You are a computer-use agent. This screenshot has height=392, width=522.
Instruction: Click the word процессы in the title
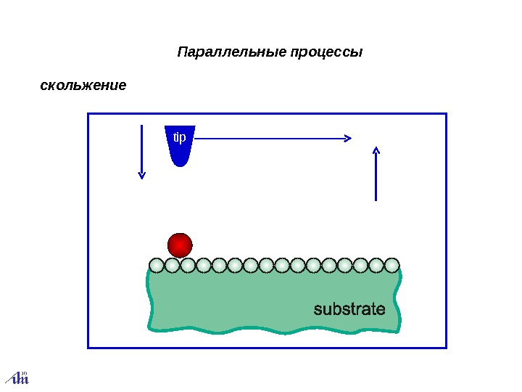click(326, 53)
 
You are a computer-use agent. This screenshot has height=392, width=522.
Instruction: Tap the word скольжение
click(83, 86)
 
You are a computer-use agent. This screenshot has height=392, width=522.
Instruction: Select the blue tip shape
click(180, 145)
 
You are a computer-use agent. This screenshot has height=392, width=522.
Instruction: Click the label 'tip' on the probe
click(179, 136)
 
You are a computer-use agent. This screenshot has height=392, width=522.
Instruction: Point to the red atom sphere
click(180, 245)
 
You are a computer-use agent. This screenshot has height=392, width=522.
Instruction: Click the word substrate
click(349, 309)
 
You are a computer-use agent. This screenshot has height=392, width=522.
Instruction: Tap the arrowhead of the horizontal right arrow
click(348, 138)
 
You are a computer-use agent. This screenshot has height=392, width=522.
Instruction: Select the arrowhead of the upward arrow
click(376, 150)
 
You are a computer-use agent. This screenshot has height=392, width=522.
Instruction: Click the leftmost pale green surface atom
click(157, 265)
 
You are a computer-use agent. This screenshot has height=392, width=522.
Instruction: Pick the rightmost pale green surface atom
click(392, 265)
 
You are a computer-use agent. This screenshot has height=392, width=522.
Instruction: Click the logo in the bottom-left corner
click(17, 377)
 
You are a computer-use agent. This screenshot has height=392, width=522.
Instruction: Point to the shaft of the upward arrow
click(376, 178)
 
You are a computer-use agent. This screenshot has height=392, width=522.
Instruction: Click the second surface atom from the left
click(172, 265)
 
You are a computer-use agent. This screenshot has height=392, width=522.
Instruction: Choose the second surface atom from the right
click(376, 265)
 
